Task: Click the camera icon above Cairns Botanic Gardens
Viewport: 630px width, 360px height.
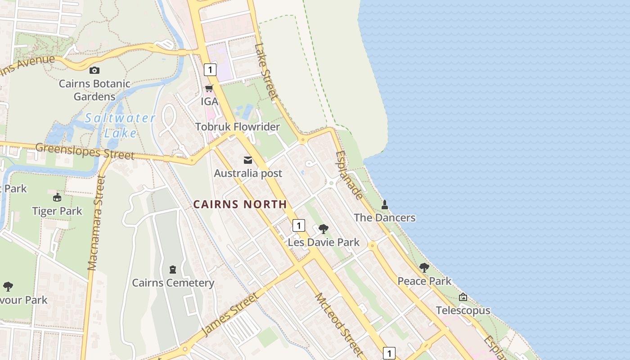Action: [94, 70]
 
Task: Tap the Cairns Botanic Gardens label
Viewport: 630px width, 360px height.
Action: [94, 90]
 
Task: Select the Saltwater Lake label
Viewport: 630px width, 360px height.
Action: [120, 126]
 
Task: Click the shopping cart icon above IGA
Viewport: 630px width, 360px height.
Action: [209, 88]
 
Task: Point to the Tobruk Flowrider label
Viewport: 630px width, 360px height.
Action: [238, 127]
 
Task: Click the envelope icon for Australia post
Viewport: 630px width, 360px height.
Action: [247, 160]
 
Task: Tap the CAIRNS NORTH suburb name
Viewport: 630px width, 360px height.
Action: [240, 204]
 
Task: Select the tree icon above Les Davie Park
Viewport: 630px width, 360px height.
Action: [323, 229]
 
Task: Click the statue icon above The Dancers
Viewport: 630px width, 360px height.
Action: [385, 205]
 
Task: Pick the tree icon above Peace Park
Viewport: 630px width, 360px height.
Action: [424, 268]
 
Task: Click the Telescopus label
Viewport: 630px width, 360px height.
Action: [463, 310]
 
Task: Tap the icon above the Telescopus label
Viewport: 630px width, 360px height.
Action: [463, 297]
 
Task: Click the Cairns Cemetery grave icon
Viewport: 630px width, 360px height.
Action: [172, 270]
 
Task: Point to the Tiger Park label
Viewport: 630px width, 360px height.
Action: [57, 211]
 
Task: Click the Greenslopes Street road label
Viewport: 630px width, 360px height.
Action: [85, 151]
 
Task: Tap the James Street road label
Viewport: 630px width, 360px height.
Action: [230, 314]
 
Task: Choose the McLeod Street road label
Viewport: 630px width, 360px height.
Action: [338, 324]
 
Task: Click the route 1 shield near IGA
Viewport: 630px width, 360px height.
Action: [210, 70]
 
